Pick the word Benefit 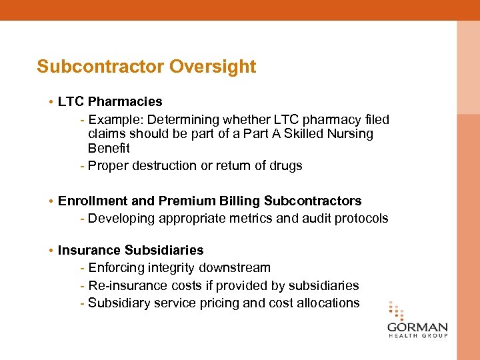point(109,149)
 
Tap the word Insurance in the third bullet point(89,251)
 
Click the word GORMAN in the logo point(417,328)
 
